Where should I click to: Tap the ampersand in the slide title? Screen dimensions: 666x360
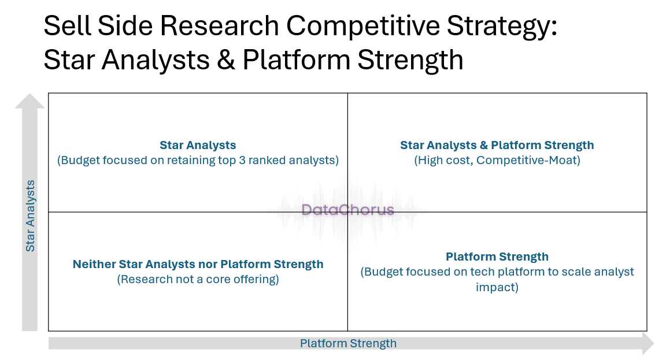tap(226, 60)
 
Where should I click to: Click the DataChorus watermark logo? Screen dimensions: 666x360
tap(347, 209)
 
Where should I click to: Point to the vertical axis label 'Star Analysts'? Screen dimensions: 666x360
tap(30, 216)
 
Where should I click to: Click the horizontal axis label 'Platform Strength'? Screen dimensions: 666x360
tap(348, 343)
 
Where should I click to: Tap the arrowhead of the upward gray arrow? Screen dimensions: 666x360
tap(29, 101)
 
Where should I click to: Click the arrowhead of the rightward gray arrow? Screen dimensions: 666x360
tap(649, 343)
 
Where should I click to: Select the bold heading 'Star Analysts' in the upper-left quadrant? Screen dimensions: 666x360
tap(198, 145)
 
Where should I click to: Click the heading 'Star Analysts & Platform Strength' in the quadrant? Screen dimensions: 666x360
tap(497, 145)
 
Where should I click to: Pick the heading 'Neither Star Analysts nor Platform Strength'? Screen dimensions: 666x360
tap(198, 264)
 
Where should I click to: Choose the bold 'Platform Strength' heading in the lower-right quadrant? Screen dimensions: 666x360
tap(497, 257)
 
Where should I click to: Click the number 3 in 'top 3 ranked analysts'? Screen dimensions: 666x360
tap(242, 161)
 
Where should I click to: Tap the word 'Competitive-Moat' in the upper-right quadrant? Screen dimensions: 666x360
tap(528, 161)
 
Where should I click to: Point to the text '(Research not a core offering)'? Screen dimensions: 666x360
tap(198, 279)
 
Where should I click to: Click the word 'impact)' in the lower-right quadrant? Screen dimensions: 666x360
tap(497, 287)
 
